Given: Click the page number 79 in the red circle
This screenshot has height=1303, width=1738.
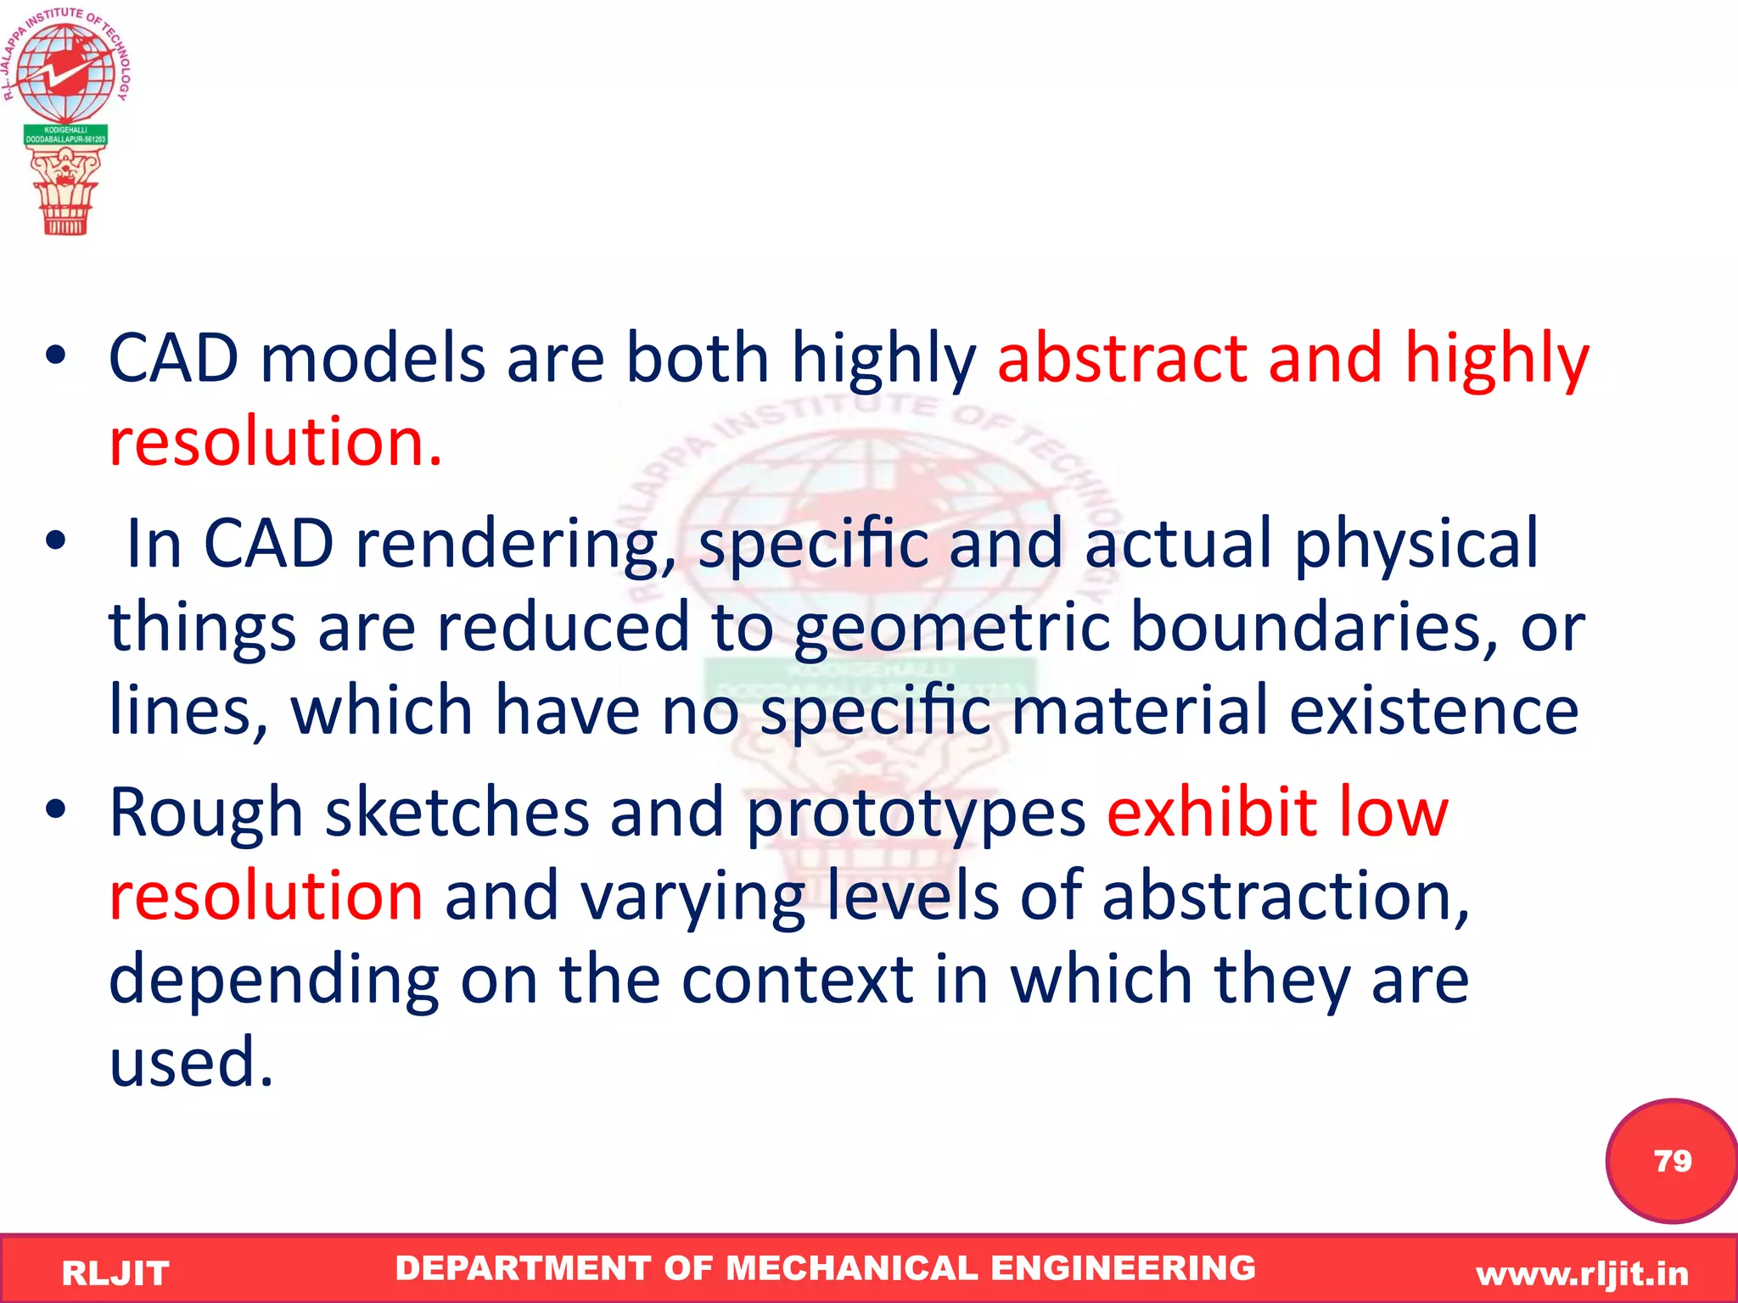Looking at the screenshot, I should click(1672, 1160).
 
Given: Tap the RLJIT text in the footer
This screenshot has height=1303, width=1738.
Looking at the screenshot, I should click(115, 1273).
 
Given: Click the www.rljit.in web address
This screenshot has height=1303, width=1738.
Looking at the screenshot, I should click(1582, 1273).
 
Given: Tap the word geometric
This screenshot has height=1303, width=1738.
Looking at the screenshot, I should click(950, 628).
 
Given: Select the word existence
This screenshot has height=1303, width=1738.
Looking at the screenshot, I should click(1433, 710).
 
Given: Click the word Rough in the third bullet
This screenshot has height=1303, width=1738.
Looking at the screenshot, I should click(206, 813).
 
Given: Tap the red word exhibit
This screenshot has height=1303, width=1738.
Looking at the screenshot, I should click(1212, 813).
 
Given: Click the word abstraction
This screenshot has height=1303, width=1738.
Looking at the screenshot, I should click(1285, 896).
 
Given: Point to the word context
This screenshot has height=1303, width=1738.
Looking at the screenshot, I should click(797, 979).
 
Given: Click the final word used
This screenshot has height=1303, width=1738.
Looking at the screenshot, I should click(191, 1062).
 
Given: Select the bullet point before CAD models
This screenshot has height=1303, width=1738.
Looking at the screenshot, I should click(56, 357).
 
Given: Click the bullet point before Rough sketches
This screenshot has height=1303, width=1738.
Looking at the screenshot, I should click(56, 811).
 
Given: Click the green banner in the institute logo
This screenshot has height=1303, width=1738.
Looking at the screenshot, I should click(65, 135).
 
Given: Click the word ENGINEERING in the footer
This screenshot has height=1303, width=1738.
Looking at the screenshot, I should click(1123, 1267).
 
